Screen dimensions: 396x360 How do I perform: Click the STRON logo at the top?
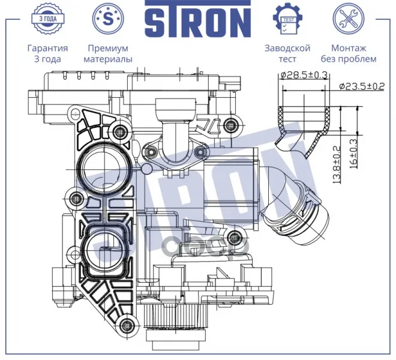(x=198, y=19)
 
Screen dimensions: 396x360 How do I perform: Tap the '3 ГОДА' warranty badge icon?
(x=48, y=18)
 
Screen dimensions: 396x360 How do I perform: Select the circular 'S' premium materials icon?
(x=108, y=19)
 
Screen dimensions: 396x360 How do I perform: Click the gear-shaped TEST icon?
(x=287, y=19)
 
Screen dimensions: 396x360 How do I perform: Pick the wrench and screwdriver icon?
(x=349, y=19)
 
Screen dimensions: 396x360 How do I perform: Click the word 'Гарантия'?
(x=48, y=48)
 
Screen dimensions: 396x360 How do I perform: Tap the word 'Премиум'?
(x=108, y=48)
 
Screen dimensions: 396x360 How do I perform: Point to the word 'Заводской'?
(x=287, y=48)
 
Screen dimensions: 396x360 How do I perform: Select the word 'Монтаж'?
(x=349, y=48)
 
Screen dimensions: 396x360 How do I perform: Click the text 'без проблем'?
(x=349, y=59)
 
